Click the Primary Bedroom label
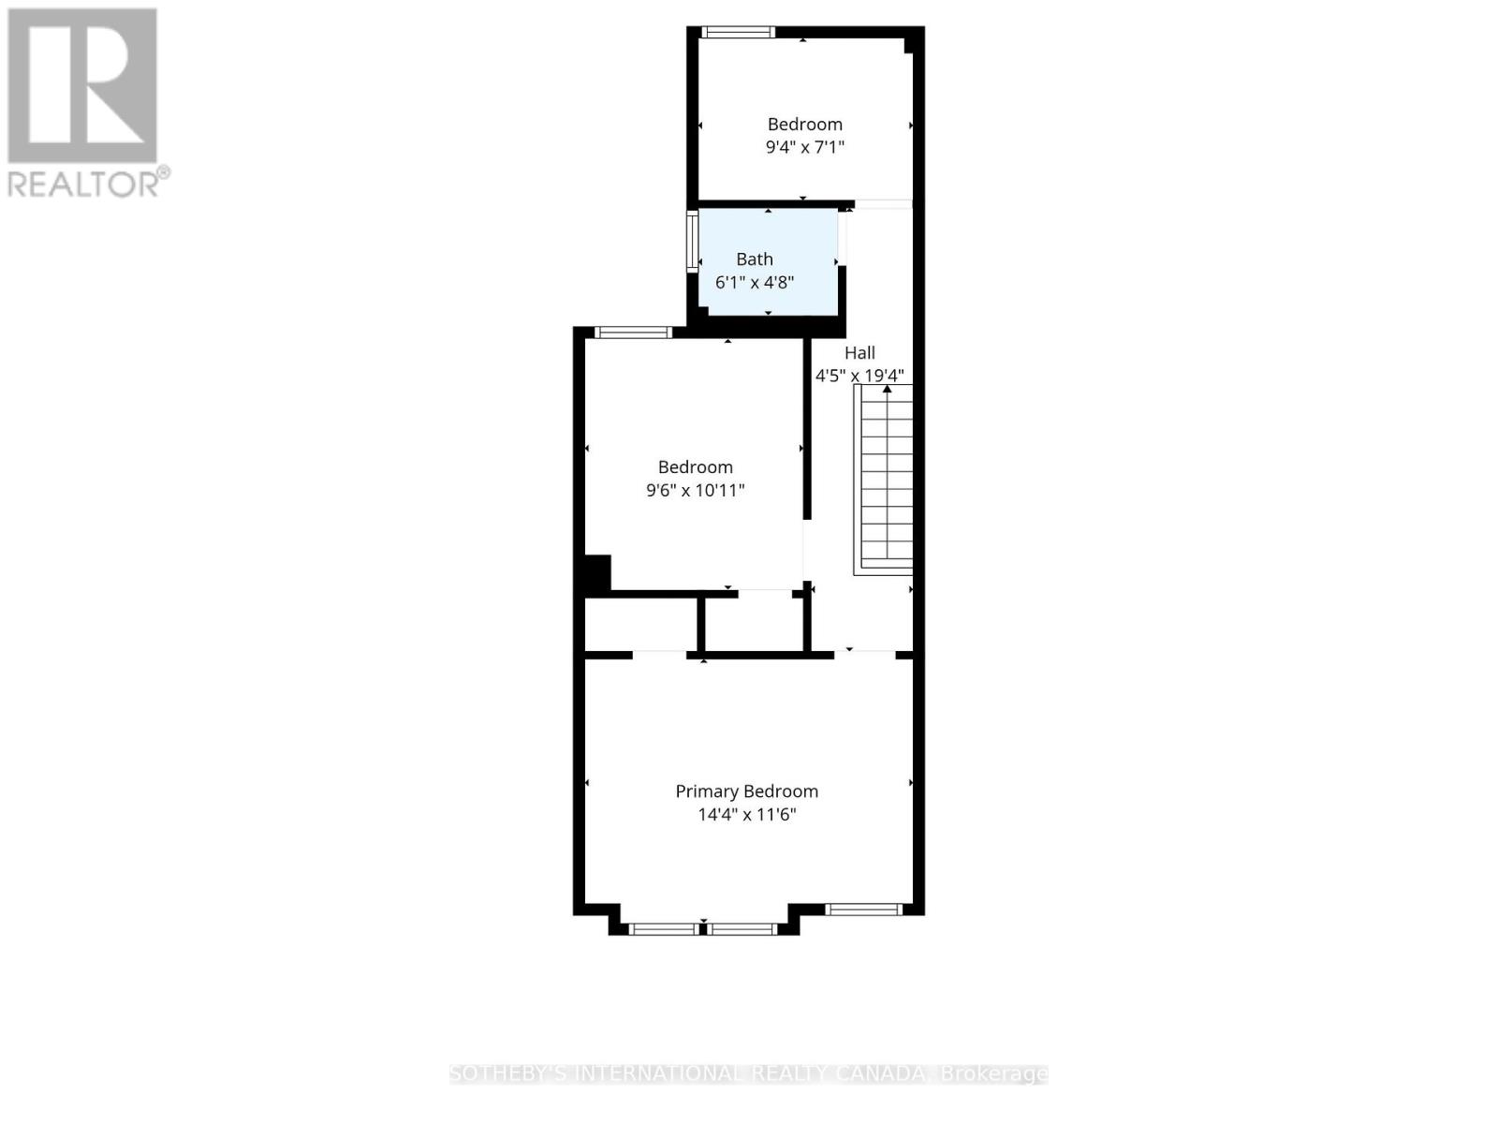(x=746, y=791)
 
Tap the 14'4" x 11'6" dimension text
(x=746, y=815)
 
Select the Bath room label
(x=754, y=259)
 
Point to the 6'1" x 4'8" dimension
(x=754, y=282)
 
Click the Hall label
(x=859, y=353)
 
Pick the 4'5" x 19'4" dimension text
(x=859, y=376)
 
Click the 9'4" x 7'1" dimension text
(x=804, y=147)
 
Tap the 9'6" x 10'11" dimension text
(x=695, y=490)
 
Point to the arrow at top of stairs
(x=887, y=389)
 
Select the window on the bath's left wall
(x=693, y=241)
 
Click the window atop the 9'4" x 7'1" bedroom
(x=739, y=33)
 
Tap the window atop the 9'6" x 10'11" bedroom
(x=633, y=332)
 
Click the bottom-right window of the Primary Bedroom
(x=863, y=909)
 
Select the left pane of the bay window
(x=664, y=929)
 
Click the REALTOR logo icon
(x=82, y=85)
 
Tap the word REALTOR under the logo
(x=83, y=184)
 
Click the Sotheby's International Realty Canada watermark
(x=748, y=1073)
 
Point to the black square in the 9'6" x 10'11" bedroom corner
(x=596, y=572)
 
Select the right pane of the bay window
(x=742, y=929)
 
